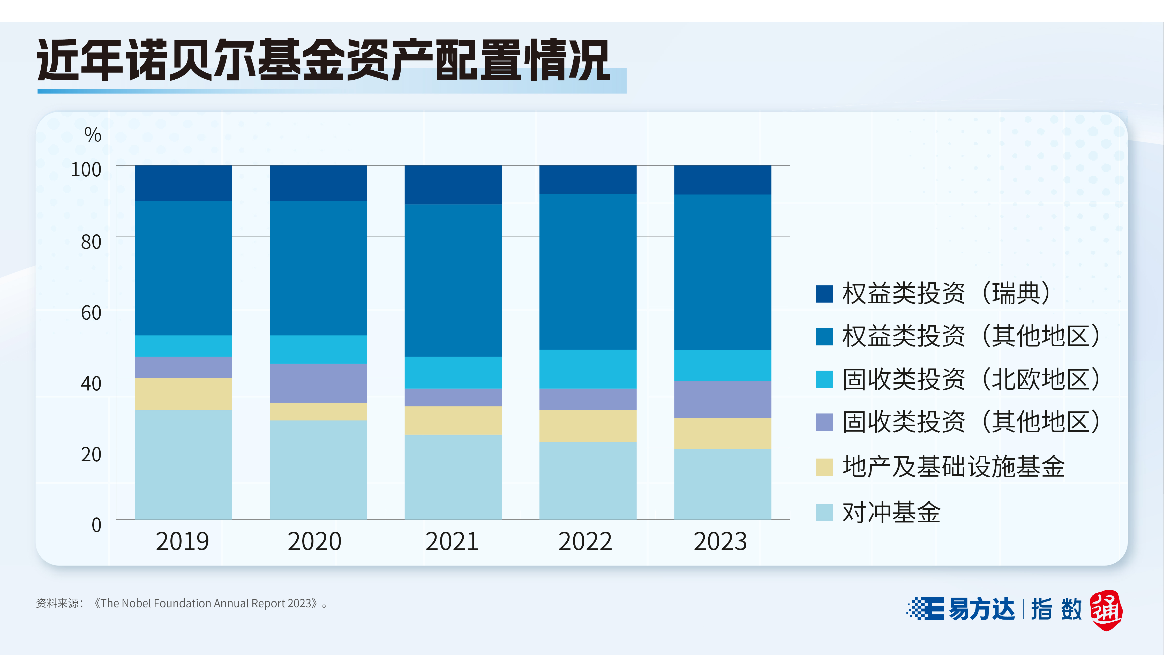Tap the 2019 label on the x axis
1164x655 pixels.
tap(183, 541)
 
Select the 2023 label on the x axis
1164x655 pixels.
tap(720, 541)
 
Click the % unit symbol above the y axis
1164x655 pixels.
tap(93, 135)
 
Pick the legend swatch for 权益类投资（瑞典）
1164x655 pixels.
tap(824, 293)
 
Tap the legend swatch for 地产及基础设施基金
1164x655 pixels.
tap(824, 467)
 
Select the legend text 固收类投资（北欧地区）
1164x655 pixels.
tap(971, 379)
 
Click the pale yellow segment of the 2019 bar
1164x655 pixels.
tap(183, 394)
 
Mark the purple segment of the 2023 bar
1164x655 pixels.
tap(723, 399)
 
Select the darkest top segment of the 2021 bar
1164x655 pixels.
tap(453, 185)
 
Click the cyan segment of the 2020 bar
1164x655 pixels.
tap(318, 349)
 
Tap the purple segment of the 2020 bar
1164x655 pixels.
tap(318, 383)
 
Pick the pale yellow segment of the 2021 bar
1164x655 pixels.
tap(453, 420)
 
